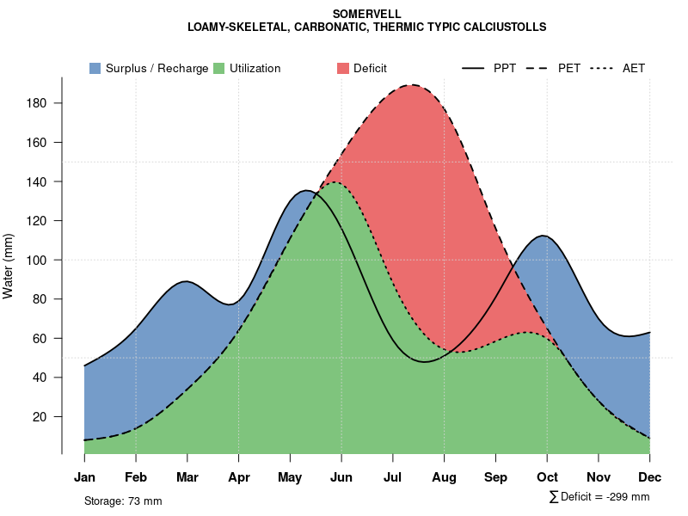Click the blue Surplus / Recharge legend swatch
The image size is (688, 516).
click(95, 68)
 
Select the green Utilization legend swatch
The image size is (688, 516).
click(219, 68)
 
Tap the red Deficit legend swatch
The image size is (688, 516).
click(342, 68)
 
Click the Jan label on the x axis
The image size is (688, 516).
click(84, 477)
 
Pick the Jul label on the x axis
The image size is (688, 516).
click(393, 477)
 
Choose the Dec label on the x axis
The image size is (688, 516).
click(650, 477)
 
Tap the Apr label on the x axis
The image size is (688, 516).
click(239, 477)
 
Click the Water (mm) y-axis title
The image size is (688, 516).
click(9, 267)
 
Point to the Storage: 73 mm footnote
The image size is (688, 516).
click(123, 501)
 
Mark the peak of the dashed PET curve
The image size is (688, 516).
click(414, 85)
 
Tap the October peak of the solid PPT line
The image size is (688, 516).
click(543, 236)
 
